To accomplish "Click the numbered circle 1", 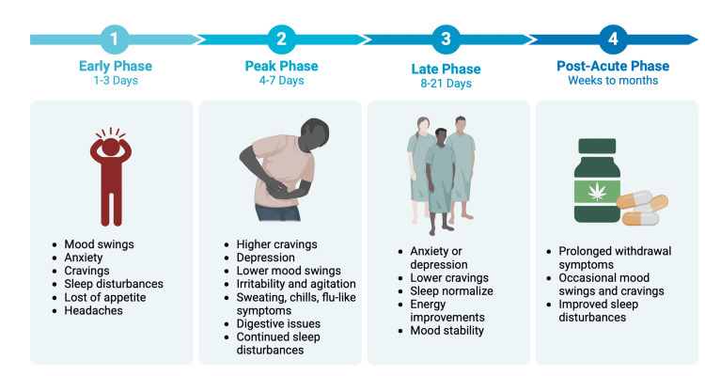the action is (115, 39).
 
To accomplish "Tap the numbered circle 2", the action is (281, 39).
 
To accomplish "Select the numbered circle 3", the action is (446, 39).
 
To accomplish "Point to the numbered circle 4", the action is (613, 39).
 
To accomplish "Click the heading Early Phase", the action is (116, 66).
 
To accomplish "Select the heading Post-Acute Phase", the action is (613, 66).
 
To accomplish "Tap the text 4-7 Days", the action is (281, 81).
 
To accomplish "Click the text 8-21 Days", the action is (446, 84).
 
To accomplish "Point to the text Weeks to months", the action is (613, 81).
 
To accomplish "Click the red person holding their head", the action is (111, 178).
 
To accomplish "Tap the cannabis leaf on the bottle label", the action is (597, 192).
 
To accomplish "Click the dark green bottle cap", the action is (597, 147).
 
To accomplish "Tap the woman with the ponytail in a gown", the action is (420, 168).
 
